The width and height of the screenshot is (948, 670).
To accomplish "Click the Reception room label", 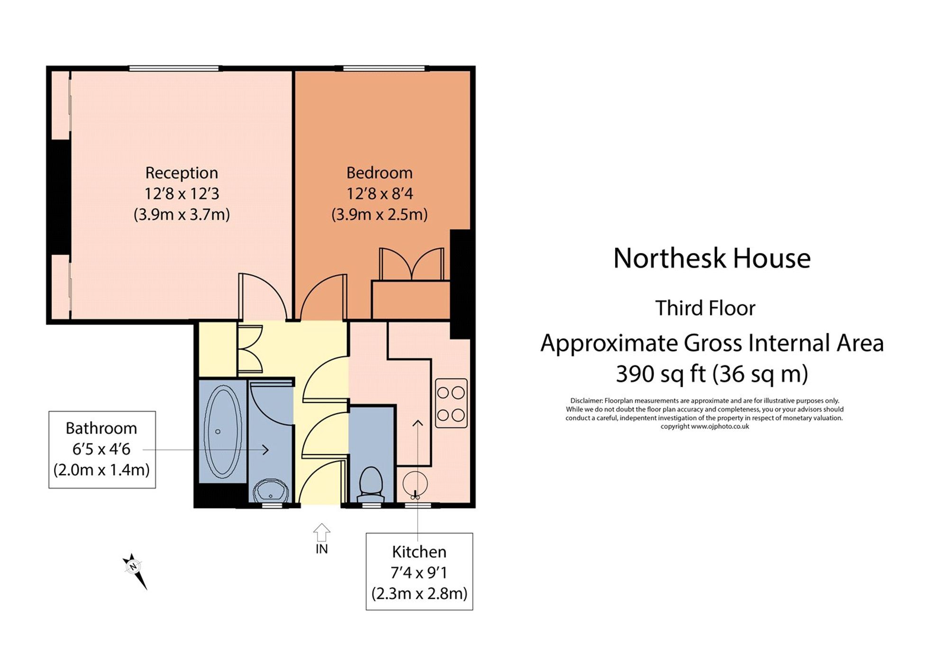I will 182,173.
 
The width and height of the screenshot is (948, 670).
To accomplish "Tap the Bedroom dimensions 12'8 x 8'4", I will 379,194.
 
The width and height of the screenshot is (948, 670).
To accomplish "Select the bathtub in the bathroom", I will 222,431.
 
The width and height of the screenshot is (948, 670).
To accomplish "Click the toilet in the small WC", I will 371,483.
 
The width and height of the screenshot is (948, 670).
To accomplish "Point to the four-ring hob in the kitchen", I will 451,404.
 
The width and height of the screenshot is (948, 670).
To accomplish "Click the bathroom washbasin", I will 271,491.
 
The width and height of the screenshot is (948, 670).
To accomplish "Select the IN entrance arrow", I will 321,533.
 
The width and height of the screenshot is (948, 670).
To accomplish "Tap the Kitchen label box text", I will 419,552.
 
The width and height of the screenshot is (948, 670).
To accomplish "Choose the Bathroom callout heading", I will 101,428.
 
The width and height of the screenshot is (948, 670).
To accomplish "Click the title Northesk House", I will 711,259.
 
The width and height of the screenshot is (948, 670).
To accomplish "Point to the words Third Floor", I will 705,308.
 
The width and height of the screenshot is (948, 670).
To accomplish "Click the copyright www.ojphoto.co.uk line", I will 704,426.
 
